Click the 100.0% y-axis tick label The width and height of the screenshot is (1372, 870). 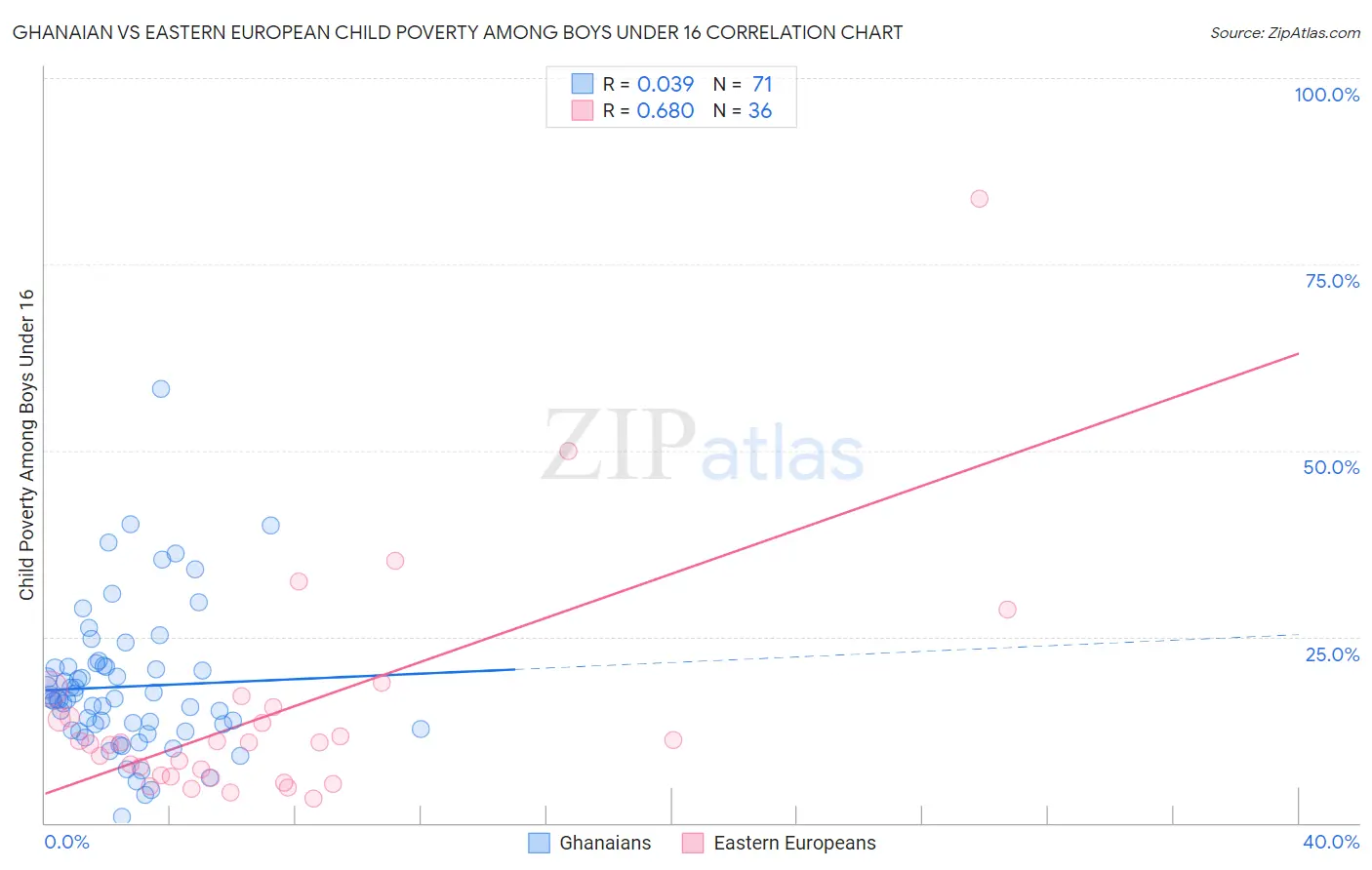click(1326, 95)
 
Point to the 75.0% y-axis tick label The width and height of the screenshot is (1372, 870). click(1332, 281)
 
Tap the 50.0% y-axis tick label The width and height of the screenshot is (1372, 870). click(1331, 467)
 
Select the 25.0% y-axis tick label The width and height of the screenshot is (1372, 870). click(1332, 654)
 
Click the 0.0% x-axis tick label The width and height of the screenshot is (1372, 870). click(66, 842)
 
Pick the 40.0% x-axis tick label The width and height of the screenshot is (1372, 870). click(1330, 842)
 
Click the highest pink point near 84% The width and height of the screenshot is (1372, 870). click(979, 199)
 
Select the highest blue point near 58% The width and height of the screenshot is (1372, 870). click(161, 389)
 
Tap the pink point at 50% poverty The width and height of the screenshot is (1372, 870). click(568, 451)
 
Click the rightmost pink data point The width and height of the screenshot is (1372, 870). click(1007, 610)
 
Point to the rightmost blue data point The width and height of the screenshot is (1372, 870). click(421, 729)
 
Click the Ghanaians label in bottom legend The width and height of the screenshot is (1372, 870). click(605, 843)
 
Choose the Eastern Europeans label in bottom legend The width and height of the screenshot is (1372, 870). click(794, 843)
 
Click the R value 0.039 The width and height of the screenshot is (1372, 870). click(665, 85)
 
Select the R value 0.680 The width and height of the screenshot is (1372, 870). click(665, 111)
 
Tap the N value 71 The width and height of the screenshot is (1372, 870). click(762, 85)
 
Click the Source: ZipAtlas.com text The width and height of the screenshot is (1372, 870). click(1284, 33)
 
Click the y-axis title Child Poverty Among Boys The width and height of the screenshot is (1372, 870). click(27, 445)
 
